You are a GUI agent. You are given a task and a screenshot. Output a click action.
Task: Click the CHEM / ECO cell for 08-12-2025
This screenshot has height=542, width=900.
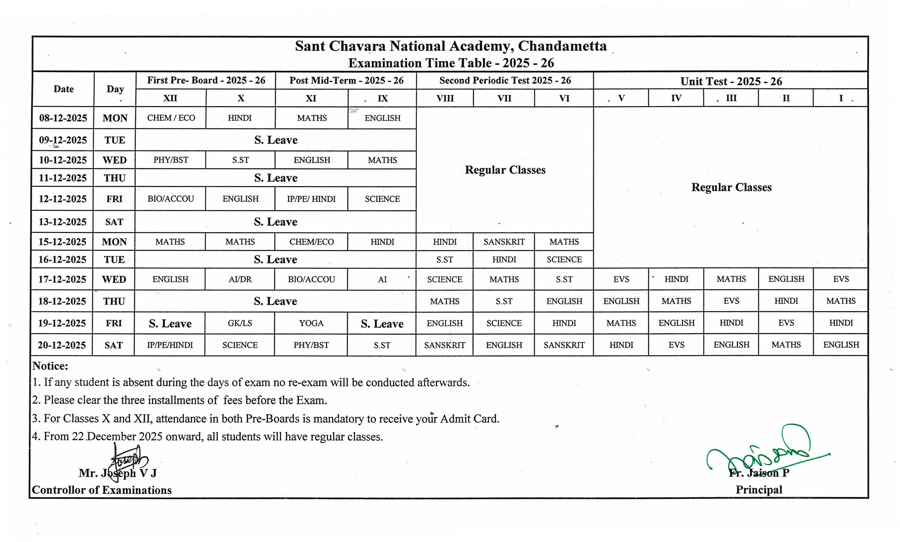click(171, 118)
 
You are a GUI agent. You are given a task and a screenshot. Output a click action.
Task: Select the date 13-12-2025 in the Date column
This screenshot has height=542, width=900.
click(63, 222)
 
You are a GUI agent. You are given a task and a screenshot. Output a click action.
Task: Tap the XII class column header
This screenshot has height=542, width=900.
click(170, 98)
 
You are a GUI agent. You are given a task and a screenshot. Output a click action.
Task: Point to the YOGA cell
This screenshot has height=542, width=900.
click(311, 323)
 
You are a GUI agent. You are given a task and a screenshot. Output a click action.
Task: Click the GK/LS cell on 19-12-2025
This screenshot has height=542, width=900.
click(240, 323)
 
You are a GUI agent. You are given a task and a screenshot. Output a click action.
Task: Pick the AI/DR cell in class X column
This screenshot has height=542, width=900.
click(240, 279)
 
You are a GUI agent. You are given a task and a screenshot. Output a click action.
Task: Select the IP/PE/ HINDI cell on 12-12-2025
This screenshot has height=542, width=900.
click(311, 199)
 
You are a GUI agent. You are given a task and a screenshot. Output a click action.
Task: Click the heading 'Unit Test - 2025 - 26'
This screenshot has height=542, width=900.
click(731, 81)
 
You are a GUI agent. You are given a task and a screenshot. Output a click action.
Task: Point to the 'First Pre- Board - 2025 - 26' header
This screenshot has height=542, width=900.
click(206, 80)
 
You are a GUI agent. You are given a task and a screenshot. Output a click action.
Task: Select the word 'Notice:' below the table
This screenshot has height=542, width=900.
click(50, 366)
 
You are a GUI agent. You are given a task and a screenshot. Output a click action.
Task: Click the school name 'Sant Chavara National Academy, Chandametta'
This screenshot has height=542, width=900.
click(451, 46)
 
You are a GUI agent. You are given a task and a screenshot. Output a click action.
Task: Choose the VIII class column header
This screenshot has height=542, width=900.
click(445, 98)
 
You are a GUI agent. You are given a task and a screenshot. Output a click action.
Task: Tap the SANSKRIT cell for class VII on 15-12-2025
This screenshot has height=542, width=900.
click(504, 242)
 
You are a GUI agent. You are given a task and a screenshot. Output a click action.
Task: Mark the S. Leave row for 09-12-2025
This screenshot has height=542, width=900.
click(276, 140)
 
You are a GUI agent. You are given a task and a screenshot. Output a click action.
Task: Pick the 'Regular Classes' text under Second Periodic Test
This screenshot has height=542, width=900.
click(505, 170)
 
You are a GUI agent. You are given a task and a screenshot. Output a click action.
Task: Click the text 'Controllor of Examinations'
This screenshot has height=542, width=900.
click(102, 490)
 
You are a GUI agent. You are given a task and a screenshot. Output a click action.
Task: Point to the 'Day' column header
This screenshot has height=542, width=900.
click(115, 89)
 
